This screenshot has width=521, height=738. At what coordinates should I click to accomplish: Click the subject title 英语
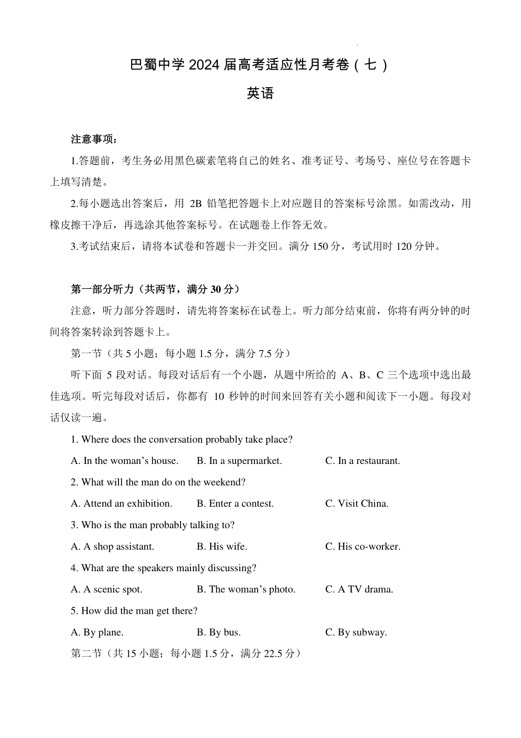coord(260,93)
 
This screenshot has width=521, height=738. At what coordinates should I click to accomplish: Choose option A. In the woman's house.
coord(125,461)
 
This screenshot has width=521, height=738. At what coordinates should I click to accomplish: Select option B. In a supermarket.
coord(239,461)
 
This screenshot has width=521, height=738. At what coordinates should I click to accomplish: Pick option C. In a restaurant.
coord(363,461)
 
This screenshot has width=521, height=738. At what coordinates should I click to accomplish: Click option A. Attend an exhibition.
coord(122,504)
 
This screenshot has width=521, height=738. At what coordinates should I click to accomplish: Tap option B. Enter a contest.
coord(235,504)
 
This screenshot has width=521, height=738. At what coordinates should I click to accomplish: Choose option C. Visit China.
coord(357,504)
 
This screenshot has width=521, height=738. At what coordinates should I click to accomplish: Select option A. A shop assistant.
coord(112,547)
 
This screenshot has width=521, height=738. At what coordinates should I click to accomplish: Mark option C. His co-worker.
coord(363,547)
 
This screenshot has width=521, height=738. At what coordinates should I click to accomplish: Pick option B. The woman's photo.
coord(246,589)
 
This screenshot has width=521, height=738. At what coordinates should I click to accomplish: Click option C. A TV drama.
coord(359,589)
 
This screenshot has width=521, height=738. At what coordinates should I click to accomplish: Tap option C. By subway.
coord(356,632)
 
